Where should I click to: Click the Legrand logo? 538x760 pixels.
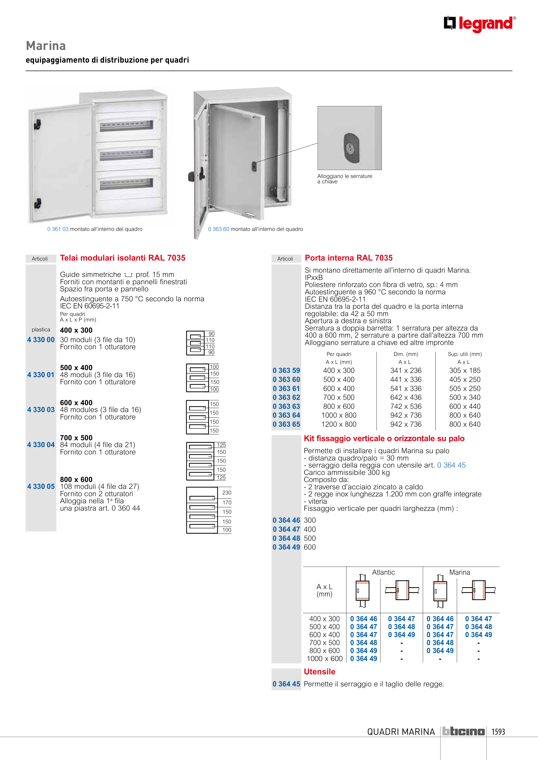click(480, 24)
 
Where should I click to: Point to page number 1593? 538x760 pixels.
click(498, 732)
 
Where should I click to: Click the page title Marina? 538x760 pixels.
click(46, 46)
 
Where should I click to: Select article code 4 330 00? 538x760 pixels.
click(41, 340)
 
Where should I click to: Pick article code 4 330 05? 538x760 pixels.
click(41, 486)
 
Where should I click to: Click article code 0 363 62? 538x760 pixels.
click(286, 397)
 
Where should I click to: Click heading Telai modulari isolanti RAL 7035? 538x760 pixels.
click(123, 258)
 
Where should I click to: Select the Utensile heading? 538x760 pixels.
click(320, 672)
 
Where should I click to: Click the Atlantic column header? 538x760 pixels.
click(384, 572)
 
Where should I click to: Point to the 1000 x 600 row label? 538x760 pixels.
click(324, 658)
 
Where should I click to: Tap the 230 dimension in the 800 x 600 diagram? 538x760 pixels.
click(227, 493)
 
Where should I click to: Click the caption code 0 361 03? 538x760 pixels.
click(58, 229)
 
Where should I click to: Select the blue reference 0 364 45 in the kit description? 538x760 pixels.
click(451, 465)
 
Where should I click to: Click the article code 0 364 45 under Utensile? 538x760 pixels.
click(286, 684)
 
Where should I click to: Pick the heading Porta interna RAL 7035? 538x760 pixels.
click(349, 258)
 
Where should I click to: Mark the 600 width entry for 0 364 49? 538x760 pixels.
click(310, 547)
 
